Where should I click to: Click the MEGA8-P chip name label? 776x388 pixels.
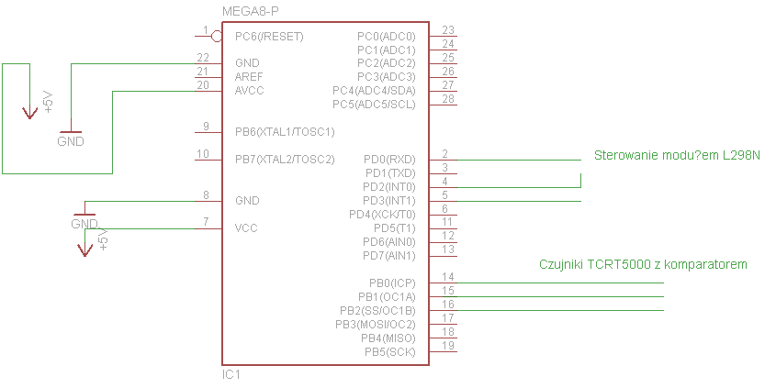251,11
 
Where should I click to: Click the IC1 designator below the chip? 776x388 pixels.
231,375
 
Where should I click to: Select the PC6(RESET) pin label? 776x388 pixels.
269,37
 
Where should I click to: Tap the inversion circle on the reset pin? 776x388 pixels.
217,36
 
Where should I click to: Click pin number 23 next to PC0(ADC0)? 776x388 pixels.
448,30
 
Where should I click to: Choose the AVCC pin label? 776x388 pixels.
251,90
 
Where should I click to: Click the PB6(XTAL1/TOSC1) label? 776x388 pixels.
285,132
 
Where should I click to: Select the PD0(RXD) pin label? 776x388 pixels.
389,160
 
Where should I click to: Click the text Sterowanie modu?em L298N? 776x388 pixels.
677,155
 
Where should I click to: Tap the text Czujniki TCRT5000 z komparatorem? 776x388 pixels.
643,264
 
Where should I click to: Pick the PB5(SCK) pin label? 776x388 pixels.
389,351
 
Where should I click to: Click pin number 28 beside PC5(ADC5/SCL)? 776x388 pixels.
448,98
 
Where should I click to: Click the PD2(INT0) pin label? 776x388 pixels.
389,187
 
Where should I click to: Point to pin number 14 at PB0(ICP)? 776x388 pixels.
448,277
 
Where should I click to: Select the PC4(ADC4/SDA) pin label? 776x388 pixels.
374,91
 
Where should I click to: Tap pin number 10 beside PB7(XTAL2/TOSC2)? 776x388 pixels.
204,153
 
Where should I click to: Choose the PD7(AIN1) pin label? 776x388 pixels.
389,255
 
